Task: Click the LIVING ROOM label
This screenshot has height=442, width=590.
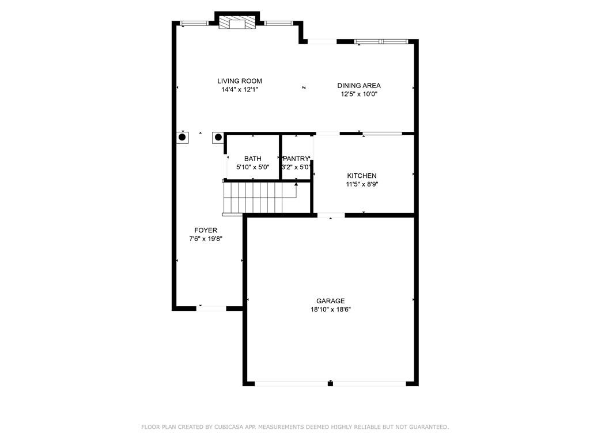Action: click(239, 81)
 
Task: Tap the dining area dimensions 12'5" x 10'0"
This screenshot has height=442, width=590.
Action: click(358, 94)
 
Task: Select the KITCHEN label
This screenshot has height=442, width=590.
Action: click(362, 176)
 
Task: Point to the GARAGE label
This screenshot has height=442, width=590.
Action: click(330, 300)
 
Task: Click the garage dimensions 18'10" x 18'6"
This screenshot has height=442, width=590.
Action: click(330, 309)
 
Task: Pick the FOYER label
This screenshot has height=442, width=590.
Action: click(206, 230)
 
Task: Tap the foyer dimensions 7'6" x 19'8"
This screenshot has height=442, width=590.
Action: click(206, 239)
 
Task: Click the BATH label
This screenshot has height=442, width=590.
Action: click(252, 158)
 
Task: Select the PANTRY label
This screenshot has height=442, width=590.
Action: click(296, 158)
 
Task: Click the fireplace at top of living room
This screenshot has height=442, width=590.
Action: click(236, 22)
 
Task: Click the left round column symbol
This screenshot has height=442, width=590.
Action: click(182, 137)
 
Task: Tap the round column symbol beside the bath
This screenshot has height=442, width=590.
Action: click(218, 137)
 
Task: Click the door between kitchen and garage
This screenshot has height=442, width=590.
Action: click(331, 215)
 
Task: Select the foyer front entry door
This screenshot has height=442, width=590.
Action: click(211, 308)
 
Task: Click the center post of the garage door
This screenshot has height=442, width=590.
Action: click(330, 383)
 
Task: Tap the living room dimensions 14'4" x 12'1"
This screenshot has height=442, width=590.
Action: click(239, 90)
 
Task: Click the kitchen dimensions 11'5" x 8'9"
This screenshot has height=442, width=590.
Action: click(362, 185)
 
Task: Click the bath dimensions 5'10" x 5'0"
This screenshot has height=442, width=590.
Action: click(252, 167)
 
